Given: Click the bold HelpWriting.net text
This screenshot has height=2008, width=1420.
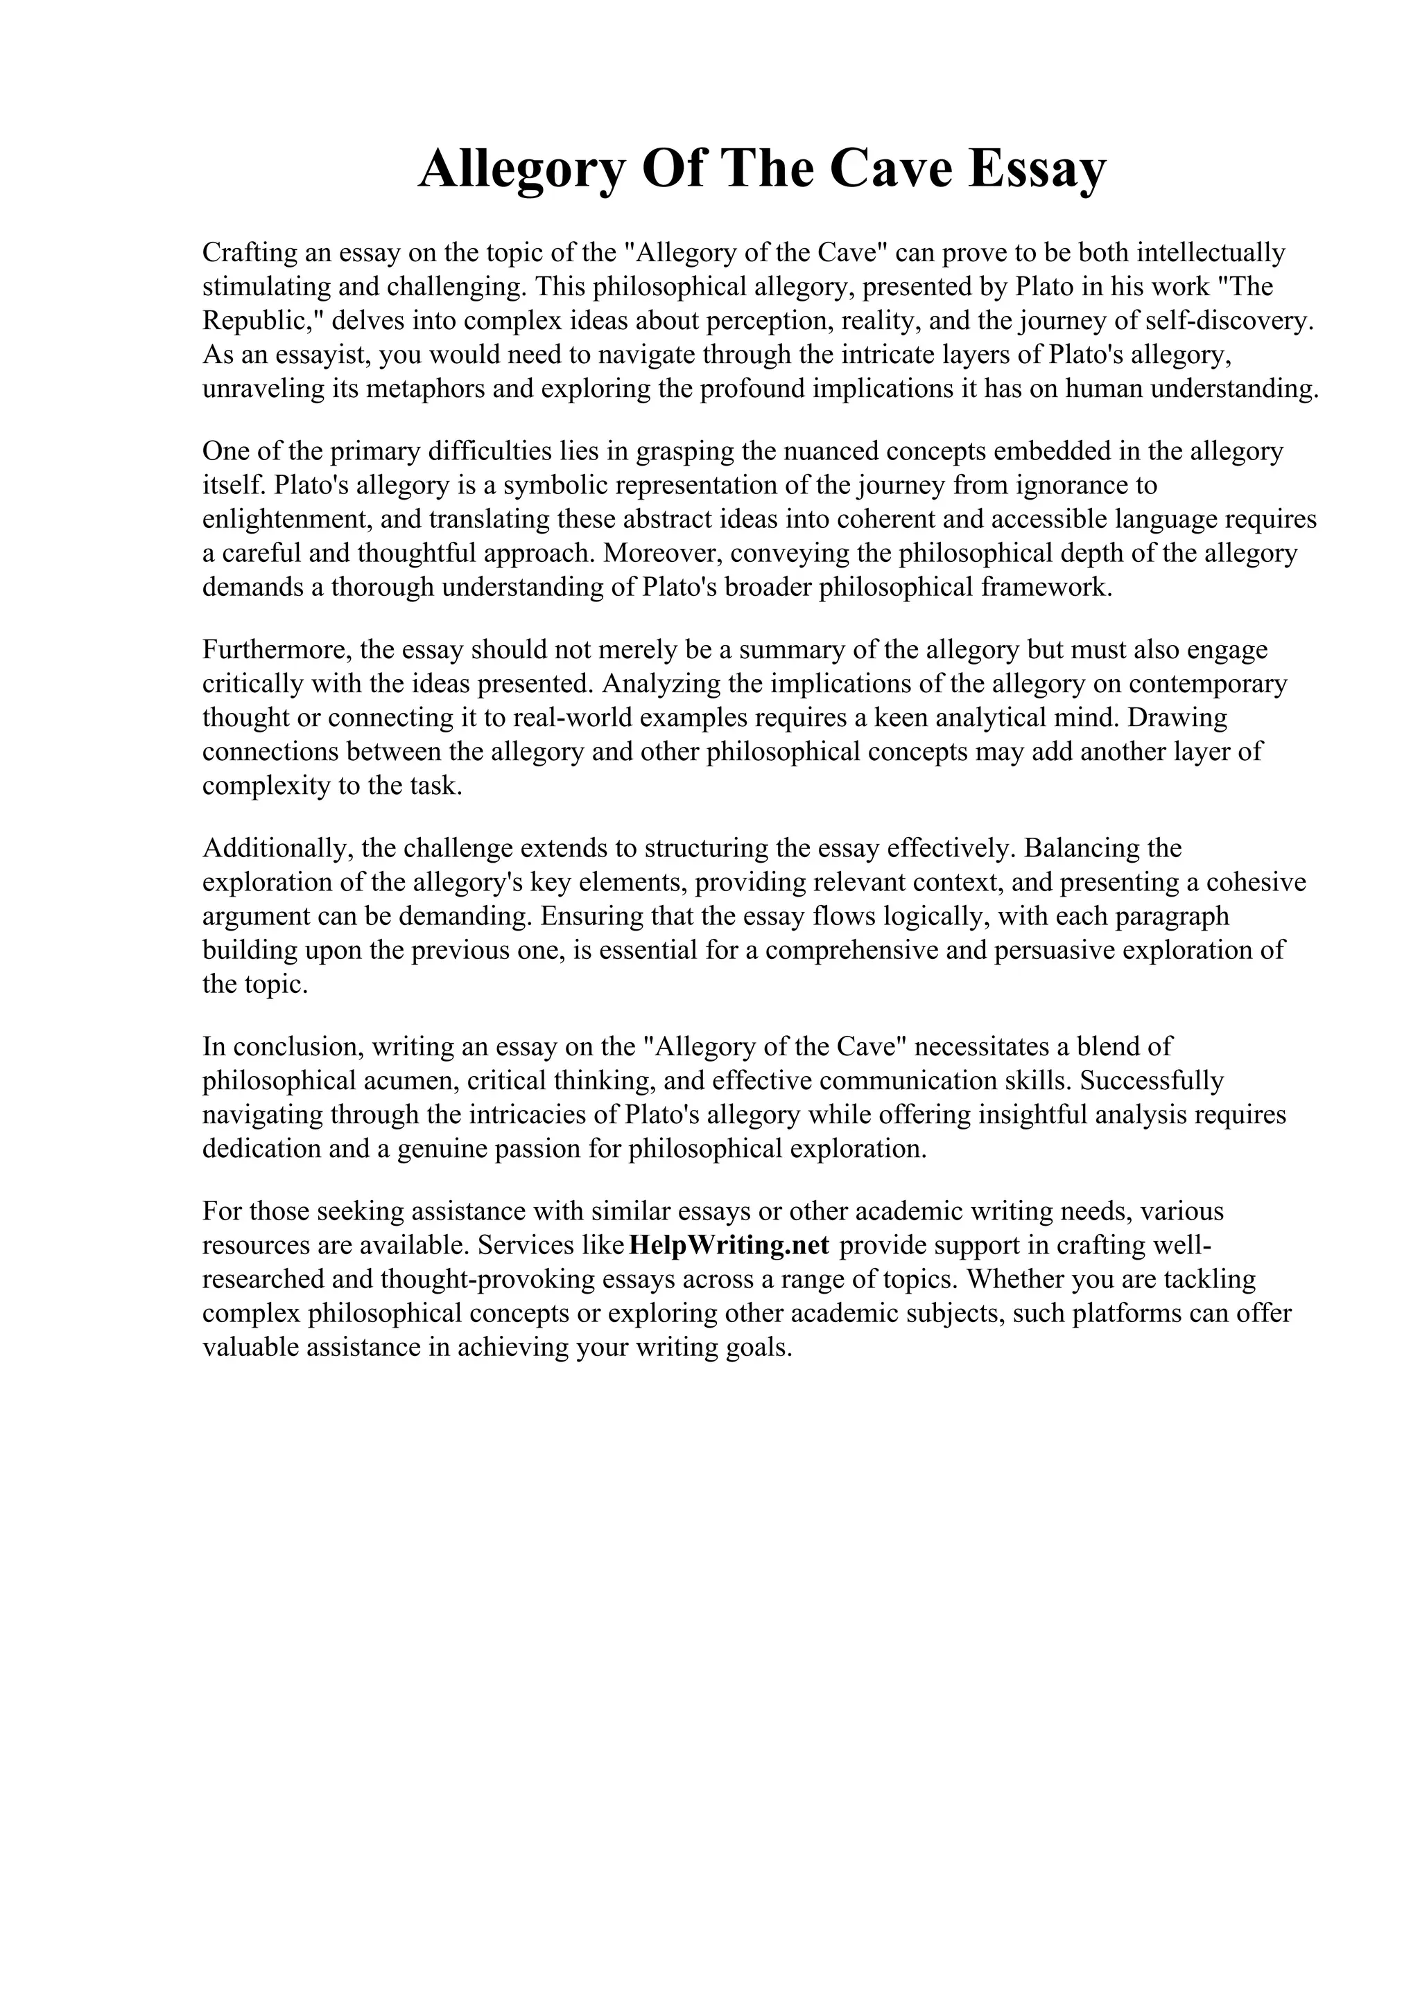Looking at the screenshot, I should click(729, 1245).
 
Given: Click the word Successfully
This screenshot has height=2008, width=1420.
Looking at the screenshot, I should click(1152, 1081).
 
